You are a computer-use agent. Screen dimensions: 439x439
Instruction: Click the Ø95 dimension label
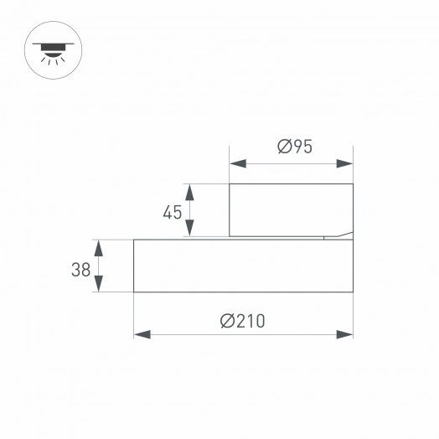(294, 147)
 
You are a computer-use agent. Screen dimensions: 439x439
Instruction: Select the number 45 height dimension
(173, 212)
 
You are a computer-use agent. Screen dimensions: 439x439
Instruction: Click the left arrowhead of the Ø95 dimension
(238, 164)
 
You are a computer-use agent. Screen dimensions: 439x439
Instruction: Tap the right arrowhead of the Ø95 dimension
(345, 164)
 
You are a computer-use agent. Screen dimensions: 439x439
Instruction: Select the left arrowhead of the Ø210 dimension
(142, 334)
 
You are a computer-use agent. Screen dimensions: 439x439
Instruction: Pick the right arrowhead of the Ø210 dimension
(345, 334)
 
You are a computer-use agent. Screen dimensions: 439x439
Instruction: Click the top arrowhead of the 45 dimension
(191, 190)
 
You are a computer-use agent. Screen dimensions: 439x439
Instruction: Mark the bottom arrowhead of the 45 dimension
(191, 230)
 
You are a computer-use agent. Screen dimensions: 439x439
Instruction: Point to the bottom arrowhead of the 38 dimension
(100, 285)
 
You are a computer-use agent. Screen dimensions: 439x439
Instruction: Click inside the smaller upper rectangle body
(291, 209)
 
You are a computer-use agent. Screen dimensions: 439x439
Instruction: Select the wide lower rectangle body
(243, 266)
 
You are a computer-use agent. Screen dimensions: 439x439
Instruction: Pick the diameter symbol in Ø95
(283, 147)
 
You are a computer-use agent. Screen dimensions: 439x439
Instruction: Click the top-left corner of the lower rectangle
(134, 240)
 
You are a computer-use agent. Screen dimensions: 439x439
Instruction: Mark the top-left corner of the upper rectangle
(230, 183)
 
